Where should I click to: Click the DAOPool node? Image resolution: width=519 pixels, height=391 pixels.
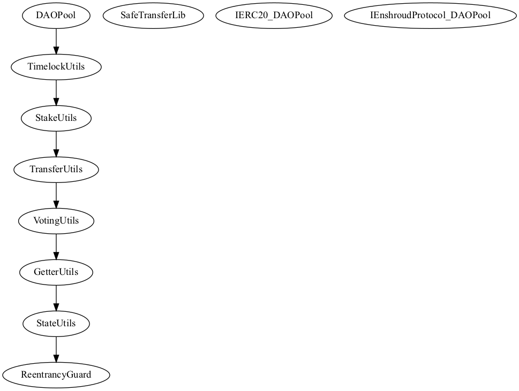pyautogui.click(x=56, y=16)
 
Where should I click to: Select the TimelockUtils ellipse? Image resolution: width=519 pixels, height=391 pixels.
pyautogui.click(x=56, y=67)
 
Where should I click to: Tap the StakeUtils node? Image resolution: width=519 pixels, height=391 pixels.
pyautogui.click(x=56, y=118)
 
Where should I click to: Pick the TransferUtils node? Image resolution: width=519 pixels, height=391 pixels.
pyautogui.click(x=56, y=169)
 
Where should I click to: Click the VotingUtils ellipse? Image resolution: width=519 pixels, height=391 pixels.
pyautogui.click(x=56, y=221)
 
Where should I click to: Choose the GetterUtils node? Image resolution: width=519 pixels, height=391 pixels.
pyautogui.click(x=56, y=272)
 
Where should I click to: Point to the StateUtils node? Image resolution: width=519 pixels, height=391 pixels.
pyautogui.click(x=56, y=323)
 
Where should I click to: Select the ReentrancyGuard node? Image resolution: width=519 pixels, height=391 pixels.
pyautogui.click(x=56, y=375)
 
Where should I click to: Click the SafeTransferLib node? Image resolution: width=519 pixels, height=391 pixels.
pyautogui.click(x=153, y=16)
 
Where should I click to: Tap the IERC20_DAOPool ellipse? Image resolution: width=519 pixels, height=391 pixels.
pyautogui.click(x=274, y=16)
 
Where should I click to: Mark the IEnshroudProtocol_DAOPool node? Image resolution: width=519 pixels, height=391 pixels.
pyautogui.click(x=430, y=16)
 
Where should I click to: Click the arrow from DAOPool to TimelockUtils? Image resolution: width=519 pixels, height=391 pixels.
pyautogui.click(x=56, y=41)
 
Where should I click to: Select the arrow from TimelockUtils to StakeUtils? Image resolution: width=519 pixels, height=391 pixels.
pyautogui.click(x=56, y=93)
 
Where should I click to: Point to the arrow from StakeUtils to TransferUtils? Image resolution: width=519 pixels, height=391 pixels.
pyautogui.click(x=56, y=144)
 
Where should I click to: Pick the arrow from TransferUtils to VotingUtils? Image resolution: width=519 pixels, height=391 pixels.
pyautogui.click(x=56, y=195)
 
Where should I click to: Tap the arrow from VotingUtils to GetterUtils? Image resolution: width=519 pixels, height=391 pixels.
pyautogui.click(x=56, y=247)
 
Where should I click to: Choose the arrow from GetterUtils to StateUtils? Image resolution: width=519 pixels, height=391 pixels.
pyautogui.click(x=56, y=298)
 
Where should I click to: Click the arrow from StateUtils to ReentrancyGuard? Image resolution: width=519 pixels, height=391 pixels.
pyautogui.click(x=56, y=349)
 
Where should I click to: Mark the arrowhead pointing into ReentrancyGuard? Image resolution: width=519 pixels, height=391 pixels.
pyautogui.click(x=56, y=358)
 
